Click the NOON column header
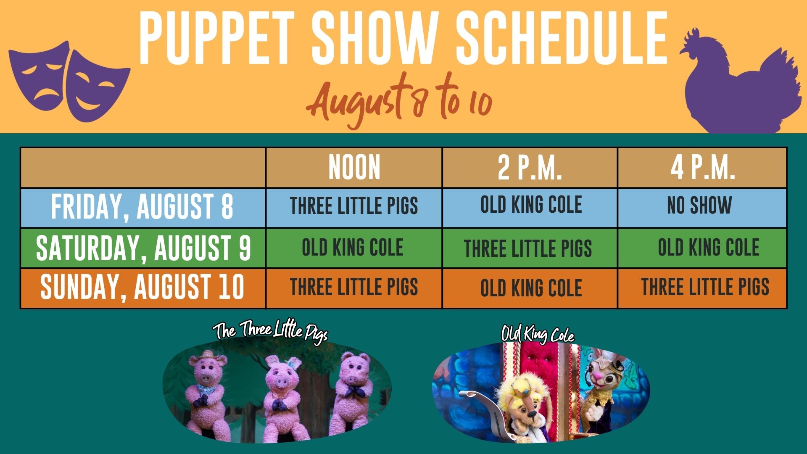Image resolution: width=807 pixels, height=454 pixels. [x=354, y=167]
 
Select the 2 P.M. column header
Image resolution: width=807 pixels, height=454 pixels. [x=530, y=167]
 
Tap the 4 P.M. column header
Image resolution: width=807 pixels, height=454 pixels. [x=702, y=167]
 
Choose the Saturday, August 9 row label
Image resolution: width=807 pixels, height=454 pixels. [x=143, y=248]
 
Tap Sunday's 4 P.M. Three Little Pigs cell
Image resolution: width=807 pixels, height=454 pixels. [x=705, y=287]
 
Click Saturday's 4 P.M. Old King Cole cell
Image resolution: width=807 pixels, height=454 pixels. [x=708, y=247]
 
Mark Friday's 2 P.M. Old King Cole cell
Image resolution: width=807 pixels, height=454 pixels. [x=531, y=204]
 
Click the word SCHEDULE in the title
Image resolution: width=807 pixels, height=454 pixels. [x=562, y=39]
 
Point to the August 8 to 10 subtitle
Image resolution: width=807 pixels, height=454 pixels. [x=399, y=101]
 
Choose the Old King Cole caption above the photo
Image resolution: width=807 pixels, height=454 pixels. [x=538, y=334]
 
